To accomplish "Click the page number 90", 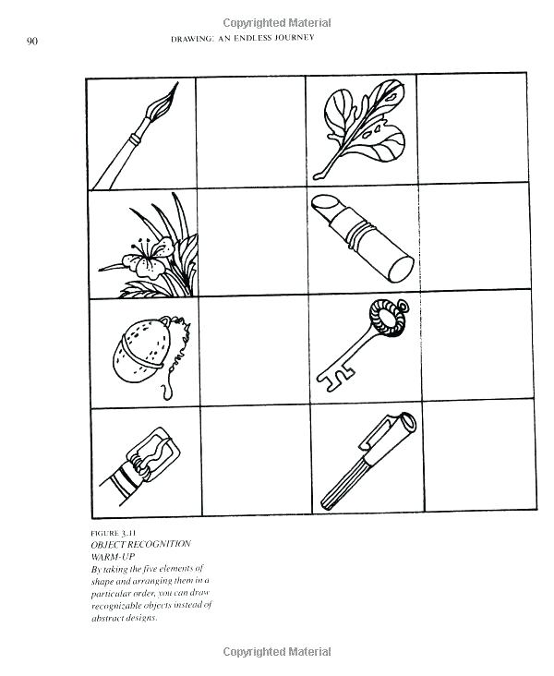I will pos(31,41).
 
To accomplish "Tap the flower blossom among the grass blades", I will pos(147,260).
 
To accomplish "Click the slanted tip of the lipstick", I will pos(325,207).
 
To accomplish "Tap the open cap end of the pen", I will pos(403,426).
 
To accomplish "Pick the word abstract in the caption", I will pos(113,618).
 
